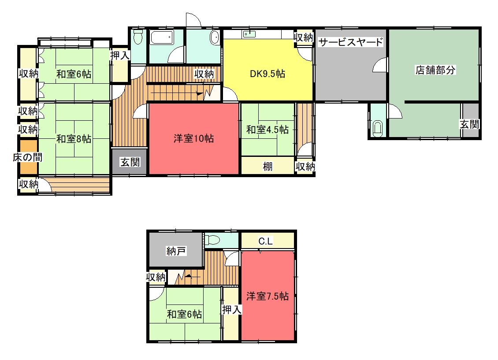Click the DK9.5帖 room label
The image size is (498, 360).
click(x=268, y=74)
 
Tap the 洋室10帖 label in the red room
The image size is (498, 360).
click(x=194, y=138)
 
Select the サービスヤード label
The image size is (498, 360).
click(x=351, y=42)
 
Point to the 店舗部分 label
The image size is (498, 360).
click(x=435, y=70)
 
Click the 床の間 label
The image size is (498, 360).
click(x=28, y=157)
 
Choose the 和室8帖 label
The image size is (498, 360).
click(x=74, y=139)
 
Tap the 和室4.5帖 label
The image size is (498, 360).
click(x=268, y=130)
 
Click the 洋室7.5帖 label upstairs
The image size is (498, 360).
click(x=268, y=296)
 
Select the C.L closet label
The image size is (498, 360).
click(x=265, y=241)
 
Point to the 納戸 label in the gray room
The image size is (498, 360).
click(x=176, y=251)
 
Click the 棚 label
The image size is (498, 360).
click(x=268, y=167)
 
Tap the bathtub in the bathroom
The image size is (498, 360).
click(x=162, y=37)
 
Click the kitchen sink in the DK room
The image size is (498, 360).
click(x=249, y=34)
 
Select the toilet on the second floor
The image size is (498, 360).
click(x=212, y=240)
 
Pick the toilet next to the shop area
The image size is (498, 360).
click(x=377, y=128)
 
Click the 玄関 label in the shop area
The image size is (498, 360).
click(x=469, y=124)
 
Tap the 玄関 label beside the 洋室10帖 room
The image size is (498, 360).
click(x=130, y=162)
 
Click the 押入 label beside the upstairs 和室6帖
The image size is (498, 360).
click(x=232, y=309)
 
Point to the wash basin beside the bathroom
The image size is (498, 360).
click(x=215, y=38)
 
